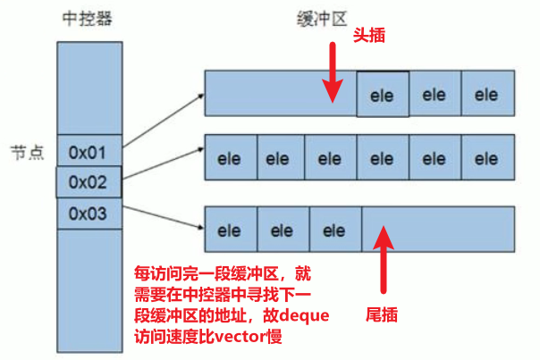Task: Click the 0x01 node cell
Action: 89,153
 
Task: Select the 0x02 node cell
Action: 89,183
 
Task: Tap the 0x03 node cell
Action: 89,213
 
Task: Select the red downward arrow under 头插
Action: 333,79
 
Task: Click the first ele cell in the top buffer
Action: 383,94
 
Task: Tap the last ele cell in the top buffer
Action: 486,94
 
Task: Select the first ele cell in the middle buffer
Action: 231,160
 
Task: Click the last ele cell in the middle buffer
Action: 486,160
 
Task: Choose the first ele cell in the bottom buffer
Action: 231,231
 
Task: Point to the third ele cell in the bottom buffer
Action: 334,231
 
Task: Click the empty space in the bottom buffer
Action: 438,231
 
